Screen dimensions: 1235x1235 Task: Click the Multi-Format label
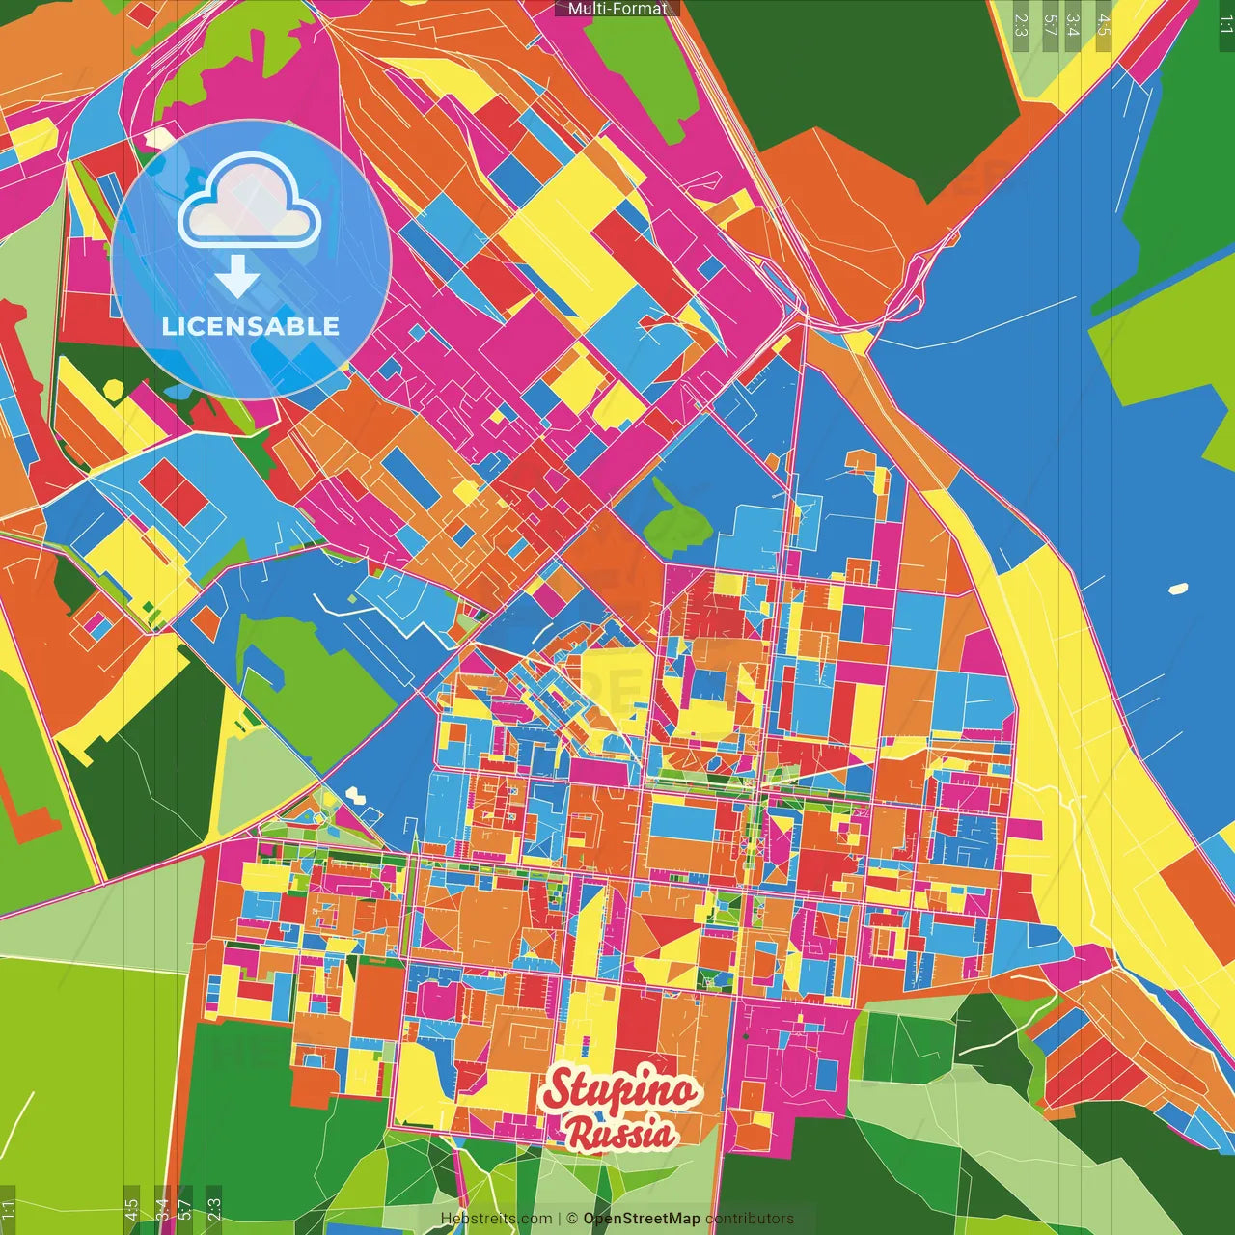(617, 9)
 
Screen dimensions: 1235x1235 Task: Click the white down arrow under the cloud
(237, 277)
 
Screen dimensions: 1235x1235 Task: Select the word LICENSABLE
(251, 326)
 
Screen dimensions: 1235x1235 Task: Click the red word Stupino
(618, 1089)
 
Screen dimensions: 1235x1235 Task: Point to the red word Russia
(620, 1134)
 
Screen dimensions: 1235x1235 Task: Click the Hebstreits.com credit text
(496, 1219)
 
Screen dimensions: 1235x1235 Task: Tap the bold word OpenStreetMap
(642, 1219)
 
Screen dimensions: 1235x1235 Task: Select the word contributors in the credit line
(750, 1219)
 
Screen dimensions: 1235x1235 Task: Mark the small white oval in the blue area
(1178, 588)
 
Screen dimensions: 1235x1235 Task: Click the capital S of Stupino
(558, 1090)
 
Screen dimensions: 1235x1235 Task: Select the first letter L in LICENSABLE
(169, 326)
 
